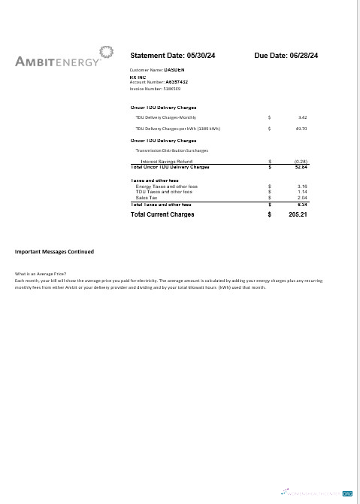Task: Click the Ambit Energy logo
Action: pyautogui.click(x=65, y=59)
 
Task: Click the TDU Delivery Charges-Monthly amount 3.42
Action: pyautogui.click(x=302, y=117)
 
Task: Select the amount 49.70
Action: pyautogui.click(x=301, y=129)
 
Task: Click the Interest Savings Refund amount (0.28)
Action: pyautogui.click(x=301, y=161)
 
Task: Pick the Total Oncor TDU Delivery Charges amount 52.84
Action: pyautogui.click(x=301, y=166)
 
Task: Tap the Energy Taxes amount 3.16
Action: pyautogui.click(x=302, y=186)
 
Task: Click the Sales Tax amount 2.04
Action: pyautogui.click(x=302, y=198)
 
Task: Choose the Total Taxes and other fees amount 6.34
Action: pyautogui.click(x=302, y=204)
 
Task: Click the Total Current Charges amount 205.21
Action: pyautogui.click(x=298, y=214)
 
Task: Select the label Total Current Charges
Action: pyautogui.click(x=162, y=214)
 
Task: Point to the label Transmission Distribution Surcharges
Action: pyautogui.click(x=171, y=150)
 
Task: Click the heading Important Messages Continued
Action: pyautogui.click(x=54, y=251)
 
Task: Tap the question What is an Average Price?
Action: pyautogui.click(x=41, y=273)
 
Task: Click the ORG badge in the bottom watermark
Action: pyautogui.click(x=347, y=493)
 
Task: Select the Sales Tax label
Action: pyautogui.click(x=147, y=198)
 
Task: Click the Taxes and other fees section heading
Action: pyautogui.click(x=154, y=181)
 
